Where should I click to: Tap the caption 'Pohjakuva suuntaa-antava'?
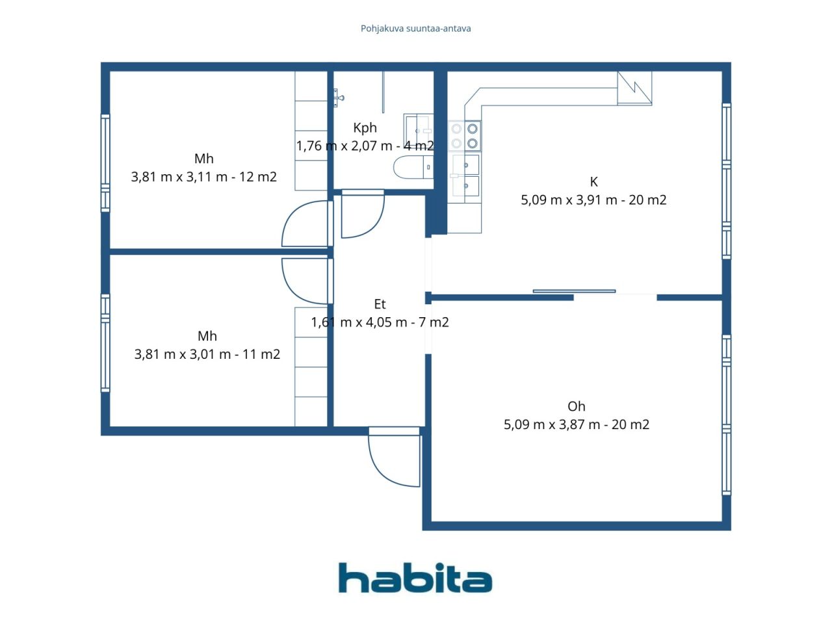click(x=415, y=29)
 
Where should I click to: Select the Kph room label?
click(x=365, y=128)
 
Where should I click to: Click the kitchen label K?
click(x=593, y=182)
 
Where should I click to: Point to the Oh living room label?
click(x=576, y=406)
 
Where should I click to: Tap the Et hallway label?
click(x=380, y=304)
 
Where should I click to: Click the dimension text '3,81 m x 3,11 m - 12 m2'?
click(x=204, y=177)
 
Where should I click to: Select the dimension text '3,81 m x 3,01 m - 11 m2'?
click(x=207, y=354)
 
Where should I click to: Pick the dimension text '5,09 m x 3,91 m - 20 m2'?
click(x=593, y=200)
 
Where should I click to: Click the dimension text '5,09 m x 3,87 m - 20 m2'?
click(x=576, y=424)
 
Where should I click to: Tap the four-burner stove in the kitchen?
click(x=464, y=136)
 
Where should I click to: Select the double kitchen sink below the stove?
click(x=466, y=175)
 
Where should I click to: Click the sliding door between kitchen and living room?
click(x=574, y=291)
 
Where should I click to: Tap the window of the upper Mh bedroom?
click(x=105, y=163)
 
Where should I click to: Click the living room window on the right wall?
click(x=726, y=415)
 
